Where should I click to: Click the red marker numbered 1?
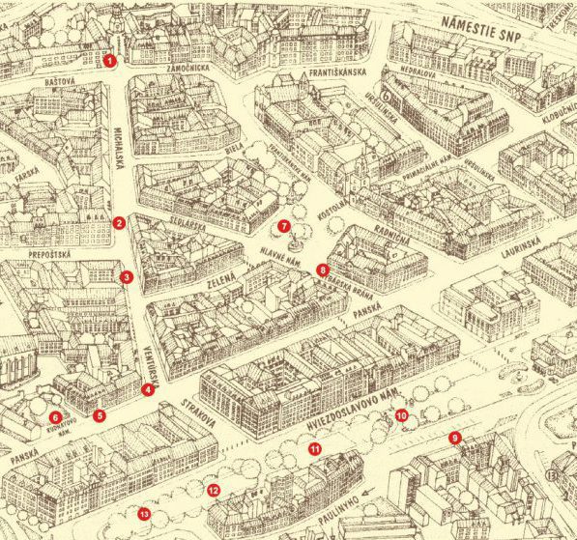[x=110, y=61]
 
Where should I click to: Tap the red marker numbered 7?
[x=284, y=226]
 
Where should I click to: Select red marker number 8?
[x=323, y=270]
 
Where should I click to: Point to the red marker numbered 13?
[x=144, y=512]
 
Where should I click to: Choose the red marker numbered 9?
[x=453, y=438]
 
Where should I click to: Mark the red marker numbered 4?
[x=147, y=390]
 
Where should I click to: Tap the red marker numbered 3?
[x=127, y=277]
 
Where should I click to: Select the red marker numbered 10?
[x=401, y=415]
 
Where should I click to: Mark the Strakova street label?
[x=192, y=418]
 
